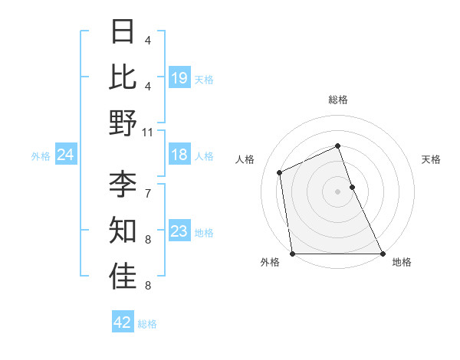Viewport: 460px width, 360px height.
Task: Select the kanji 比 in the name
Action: (x=123, y=77)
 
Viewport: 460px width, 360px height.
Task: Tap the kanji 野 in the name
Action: (x=123, y=123)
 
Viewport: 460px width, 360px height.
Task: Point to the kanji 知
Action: (x=123, y=229)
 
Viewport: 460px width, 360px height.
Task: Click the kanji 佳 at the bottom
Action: (x=123, y=276)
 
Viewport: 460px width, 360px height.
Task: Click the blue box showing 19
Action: (x=179, y=77)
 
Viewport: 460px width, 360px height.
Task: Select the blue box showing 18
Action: (x=179, y=155)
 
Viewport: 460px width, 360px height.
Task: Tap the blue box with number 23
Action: (x=179, y=231)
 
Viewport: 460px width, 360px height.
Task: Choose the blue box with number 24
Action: (x=65, y=155)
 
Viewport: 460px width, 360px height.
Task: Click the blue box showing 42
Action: (x=122, y=322)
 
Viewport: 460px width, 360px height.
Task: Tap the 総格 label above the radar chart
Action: (x=337, y=100)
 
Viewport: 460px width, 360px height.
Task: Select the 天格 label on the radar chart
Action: (x=431, y=159)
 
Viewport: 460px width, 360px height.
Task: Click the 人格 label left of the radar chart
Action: (x=245, y=159)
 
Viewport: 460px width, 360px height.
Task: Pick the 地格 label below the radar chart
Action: (x=402, y=262)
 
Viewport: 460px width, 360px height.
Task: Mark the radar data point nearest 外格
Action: (x=292, y=254)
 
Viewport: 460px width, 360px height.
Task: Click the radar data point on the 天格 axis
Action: (x=352, y=186)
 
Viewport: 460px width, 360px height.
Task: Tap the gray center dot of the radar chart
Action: (x=337, y=191)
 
